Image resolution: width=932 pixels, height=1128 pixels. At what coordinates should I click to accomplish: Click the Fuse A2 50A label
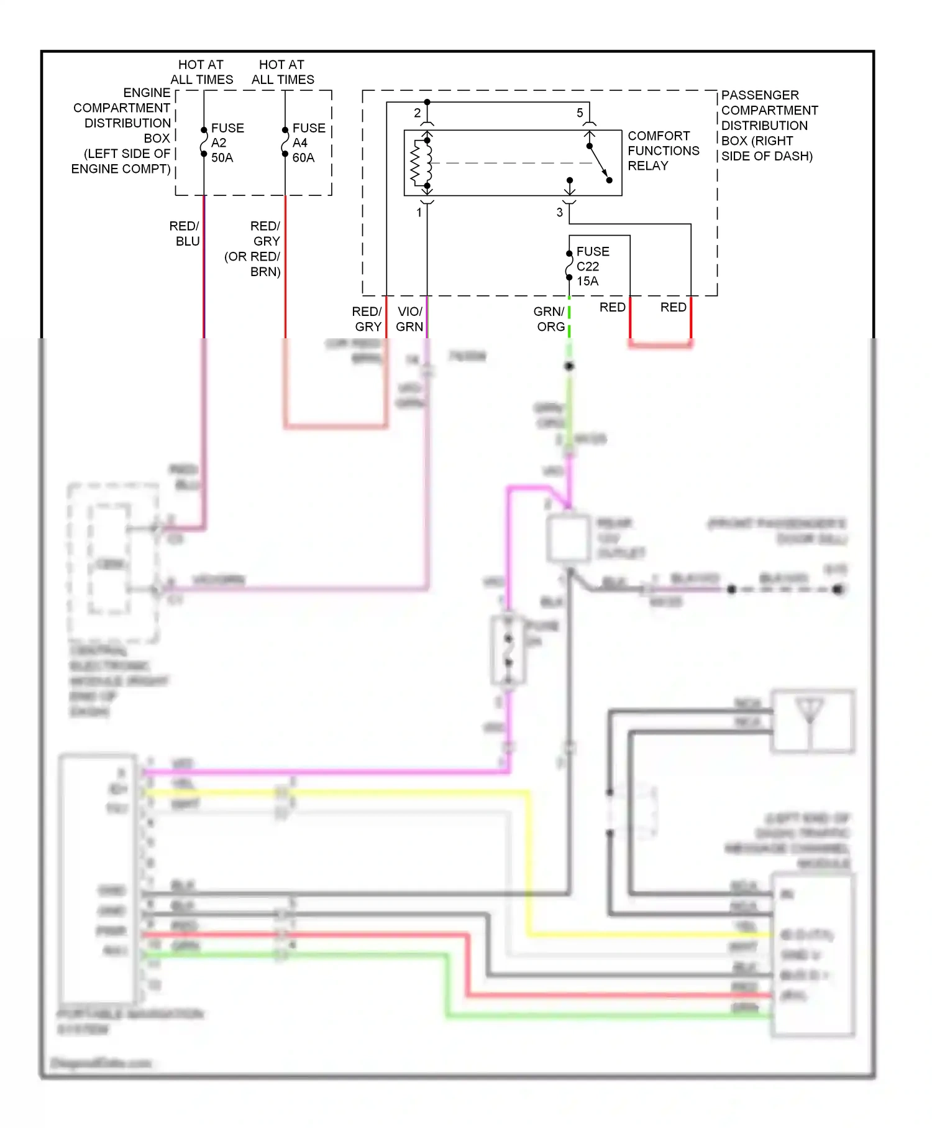[x=227, y=142]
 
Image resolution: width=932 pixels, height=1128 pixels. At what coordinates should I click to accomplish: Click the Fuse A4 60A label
[x=308, y=142]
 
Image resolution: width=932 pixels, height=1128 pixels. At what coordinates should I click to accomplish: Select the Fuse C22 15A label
[x=592, y=266]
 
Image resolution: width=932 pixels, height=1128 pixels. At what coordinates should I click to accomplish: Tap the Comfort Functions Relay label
[x=662, y=150]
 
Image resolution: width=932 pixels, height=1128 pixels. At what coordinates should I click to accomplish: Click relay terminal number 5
[x=580, y=113]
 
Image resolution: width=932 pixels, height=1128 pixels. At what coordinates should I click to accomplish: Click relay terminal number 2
[x=418, y=113]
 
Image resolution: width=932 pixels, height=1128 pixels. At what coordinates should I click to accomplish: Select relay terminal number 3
[x=560, y=212]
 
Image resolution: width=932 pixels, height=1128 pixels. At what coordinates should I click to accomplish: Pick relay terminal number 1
[x=419, y=212]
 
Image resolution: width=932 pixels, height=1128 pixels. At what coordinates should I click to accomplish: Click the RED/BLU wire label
[x=185, y=233]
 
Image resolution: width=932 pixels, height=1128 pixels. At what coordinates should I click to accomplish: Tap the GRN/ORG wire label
[x=550, y=319]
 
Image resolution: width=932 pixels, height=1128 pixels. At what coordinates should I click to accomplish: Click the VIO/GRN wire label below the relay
[x=409, y=319]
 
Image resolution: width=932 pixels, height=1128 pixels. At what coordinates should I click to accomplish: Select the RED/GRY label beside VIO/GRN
[x=367, y=319]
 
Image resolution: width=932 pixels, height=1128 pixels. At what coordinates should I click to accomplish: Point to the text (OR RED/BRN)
[x=253, y=264]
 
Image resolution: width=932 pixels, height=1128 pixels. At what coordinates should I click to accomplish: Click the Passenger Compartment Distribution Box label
[x=768, y=125]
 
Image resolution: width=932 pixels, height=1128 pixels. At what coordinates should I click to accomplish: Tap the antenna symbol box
[x=812, y=721]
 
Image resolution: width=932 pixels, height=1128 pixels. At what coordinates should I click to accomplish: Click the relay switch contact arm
[x=600, y=164]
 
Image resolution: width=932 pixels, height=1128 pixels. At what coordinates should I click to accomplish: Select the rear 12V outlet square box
[x=568, y=538]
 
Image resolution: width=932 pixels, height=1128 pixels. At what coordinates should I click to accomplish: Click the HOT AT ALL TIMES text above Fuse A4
[x=283, y=72]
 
